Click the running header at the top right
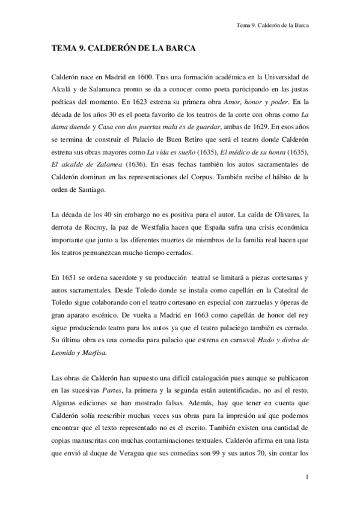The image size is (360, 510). (x=276, y=26)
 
